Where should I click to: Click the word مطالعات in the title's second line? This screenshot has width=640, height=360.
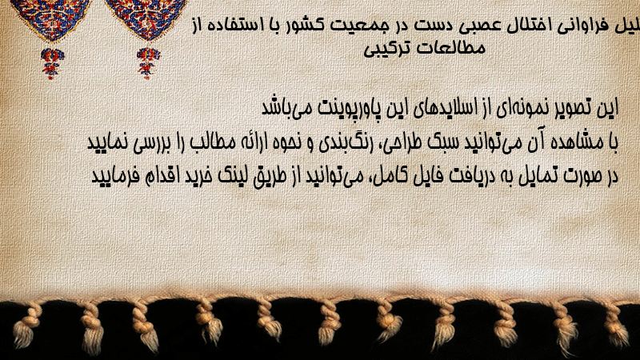pos(454,48)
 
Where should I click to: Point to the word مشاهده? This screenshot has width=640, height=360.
pos(574,142)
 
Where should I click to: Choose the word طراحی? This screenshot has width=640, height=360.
pos(404,143)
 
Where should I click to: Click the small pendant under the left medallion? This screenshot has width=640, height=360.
pos(51,62)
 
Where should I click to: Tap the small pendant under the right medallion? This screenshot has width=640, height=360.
pos(148,62)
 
